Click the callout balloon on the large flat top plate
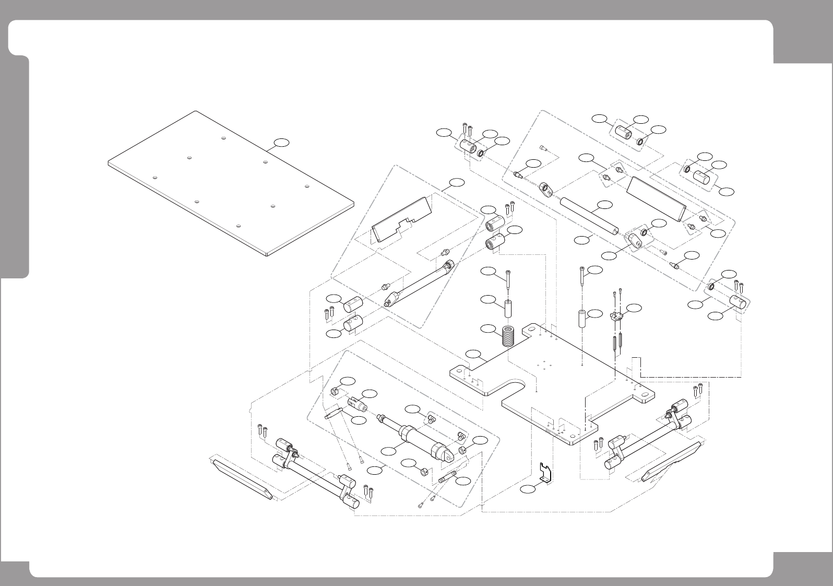[282, 142]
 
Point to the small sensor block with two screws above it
[617, 316]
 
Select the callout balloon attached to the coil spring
[488, 329]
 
